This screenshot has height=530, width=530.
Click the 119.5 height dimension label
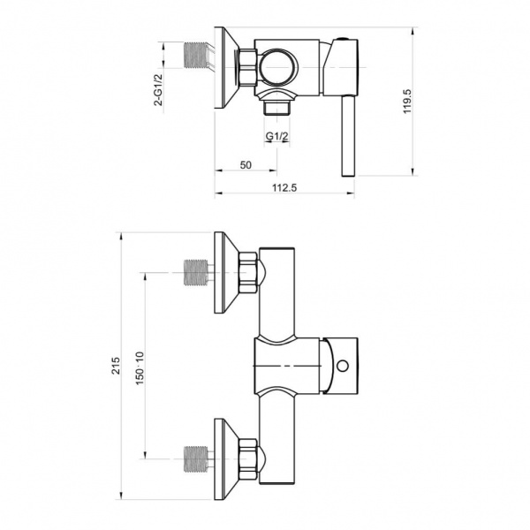[x=407, y=102]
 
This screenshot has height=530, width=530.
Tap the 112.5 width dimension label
[x=284, y=187]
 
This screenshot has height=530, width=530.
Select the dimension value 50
[x=246, y=165]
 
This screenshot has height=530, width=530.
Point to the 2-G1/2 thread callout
[x=158, y=90]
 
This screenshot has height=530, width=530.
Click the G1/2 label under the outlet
[x=276, y=136]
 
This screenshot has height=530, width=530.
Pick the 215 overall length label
[x=116, y=366]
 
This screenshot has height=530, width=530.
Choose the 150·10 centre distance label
[x=140, y=368]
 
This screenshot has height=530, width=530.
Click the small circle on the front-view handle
[x=343, y=366]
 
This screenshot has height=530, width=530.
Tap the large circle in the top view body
[x=278, y=68]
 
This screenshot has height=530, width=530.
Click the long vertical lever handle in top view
[x=348, y=136]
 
